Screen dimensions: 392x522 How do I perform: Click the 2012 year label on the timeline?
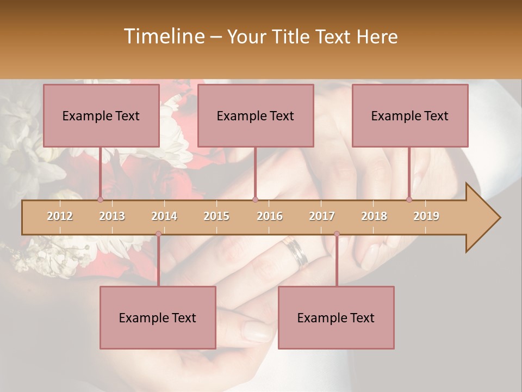click(60, 216)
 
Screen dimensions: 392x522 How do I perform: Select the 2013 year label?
click(112, 216)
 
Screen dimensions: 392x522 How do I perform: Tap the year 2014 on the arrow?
click(164, 216)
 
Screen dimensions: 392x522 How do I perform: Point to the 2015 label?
click(216, 216)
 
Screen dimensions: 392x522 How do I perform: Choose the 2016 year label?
click(270, 216)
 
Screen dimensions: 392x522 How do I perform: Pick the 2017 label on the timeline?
click(322, 216)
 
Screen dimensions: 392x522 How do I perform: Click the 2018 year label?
click(374, 216)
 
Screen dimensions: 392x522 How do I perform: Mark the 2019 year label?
click(426, 216)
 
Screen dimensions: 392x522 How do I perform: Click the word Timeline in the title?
click(163, 36)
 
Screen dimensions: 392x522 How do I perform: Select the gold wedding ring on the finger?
click(296, 253)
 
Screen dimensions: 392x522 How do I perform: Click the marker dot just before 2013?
click(100, 200)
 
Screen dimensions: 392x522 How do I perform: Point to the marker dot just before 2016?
click(255, 200)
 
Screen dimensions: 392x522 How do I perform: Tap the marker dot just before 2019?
click(409, 200)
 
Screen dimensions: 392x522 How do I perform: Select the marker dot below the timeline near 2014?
click(158, 234)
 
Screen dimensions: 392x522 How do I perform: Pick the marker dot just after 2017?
click(337, 234)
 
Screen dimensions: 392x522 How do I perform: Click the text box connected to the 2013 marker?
click(101, 115)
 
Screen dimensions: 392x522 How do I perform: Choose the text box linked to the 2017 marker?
click(336, 317)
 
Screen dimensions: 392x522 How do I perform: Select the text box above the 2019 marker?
click(410, 115)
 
